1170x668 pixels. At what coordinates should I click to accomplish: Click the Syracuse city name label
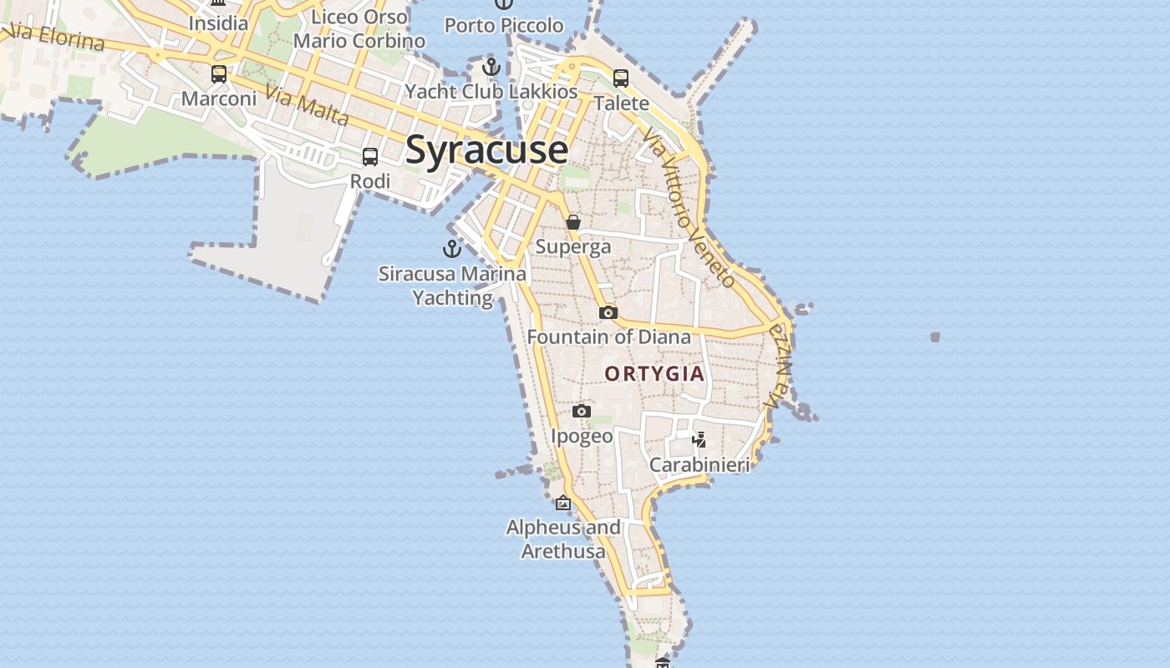tap(486, 150)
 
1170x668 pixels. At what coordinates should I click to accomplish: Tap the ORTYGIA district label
tap(655, 374)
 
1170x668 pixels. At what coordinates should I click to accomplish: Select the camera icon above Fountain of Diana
tap(608, 312)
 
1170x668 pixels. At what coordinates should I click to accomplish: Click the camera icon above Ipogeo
tap(582, 411)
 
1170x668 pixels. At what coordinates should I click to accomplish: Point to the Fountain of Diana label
tap(609, 337)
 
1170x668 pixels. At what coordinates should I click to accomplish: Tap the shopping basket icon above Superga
tap(573, 222)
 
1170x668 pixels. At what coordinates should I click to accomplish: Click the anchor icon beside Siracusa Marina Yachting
tap(451, 248)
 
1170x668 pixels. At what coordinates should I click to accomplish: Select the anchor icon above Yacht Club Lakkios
tap(491, 67)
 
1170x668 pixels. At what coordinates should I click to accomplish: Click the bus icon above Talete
tap(621, 78)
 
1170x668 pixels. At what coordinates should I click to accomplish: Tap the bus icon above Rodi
tap(369, 156)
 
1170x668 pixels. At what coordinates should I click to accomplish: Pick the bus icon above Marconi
tap(219, 74)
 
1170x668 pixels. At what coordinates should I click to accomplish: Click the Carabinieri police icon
tap(699, 439)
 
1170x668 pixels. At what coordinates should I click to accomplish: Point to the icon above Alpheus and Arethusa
tap(563, 503)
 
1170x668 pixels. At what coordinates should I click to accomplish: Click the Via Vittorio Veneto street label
tap(690, 209)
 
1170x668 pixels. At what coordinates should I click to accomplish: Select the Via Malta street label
tap(308, 105)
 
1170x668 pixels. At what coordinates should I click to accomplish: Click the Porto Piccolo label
tap(504, 26)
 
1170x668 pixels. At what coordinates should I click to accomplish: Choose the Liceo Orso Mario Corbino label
tap(359, 28)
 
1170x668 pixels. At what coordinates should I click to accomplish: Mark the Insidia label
tap(218, 23)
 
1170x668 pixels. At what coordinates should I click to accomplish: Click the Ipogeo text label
tap(582, 436)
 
